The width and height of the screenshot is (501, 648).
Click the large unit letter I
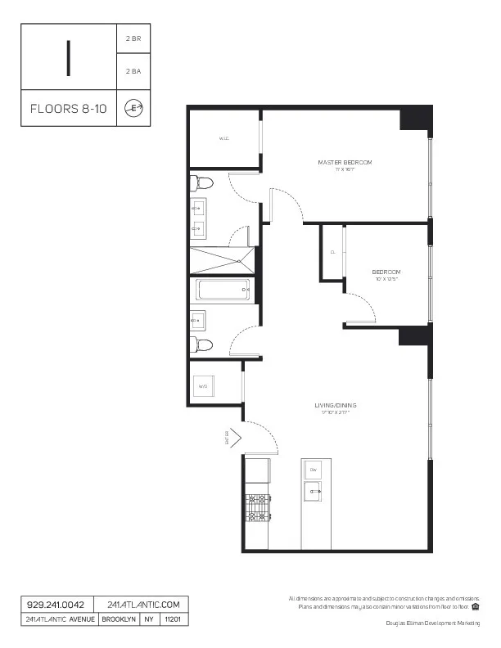pos(70,56)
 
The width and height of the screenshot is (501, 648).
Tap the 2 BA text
pos(133,72)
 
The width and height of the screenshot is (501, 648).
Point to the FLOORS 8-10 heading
pos(68,109)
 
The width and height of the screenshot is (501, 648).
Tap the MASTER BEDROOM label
pos(345,163)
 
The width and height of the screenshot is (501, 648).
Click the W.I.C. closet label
pos(223,139)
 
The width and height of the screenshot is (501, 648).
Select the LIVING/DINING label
pos(336,406)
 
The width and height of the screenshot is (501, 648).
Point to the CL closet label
pos(333,252)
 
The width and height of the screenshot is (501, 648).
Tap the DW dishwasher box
pos(313,470)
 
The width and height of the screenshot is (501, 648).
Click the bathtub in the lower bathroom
pos(220,290)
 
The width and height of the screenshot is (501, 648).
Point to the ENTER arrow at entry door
pos(232,439)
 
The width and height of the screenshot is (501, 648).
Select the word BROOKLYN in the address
pos(119,619)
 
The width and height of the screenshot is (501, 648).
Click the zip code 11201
pos(172,619)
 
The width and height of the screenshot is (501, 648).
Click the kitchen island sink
pos(313,492)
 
